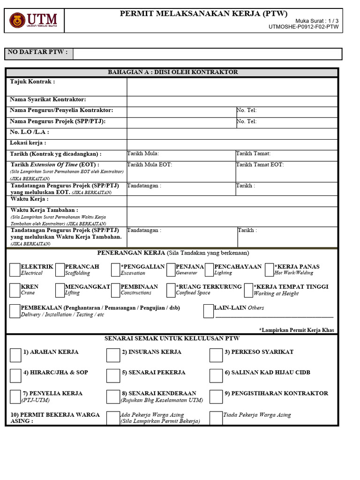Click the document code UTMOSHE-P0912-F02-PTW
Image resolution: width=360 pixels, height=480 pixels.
click(303, 27)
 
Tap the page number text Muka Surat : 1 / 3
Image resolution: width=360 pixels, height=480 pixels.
click(316, 21)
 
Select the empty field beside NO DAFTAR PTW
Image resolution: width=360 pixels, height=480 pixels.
click(208, 54)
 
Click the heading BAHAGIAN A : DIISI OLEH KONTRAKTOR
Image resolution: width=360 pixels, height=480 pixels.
click(173, 72)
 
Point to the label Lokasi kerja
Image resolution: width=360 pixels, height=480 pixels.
click(28, 143)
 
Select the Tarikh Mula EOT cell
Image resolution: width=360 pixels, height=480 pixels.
click(181, 172)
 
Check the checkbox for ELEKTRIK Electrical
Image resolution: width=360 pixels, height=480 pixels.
click(15, 270)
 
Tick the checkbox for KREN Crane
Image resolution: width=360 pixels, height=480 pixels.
click(15, 290)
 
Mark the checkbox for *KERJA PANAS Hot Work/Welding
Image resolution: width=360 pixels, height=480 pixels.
click(269, 270)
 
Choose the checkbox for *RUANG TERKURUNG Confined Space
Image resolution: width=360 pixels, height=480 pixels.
click(171, 290)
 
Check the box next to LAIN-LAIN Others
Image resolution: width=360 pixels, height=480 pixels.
click(209, 311)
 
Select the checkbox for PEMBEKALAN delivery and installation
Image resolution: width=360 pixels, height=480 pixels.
click(15, 311)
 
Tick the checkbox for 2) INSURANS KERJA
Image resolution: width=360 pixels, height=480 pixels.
click(113, 355)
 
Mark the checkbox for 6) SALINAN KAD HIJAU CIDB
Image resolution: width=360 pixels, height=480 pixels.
click(216, 375)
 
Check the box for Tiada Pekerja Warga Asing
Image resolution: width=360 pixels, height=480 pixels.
click(216, 418)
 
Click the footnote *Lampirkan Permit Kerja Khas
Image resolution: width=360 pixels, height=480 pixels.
click(296, 330)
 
